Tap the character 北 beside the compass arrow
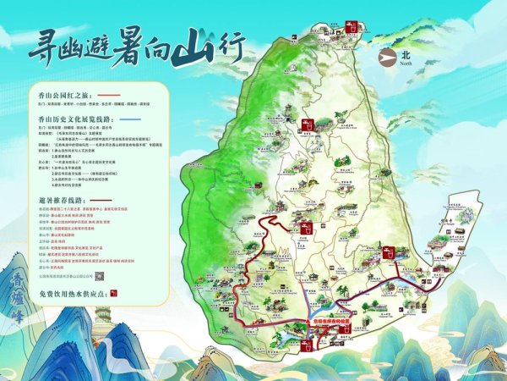pos(406,54)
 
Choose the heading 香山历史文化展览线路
pos(75,120)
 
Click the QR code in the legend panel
pos(100,276)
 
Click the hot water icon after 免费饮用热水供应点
pos(112,293)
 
